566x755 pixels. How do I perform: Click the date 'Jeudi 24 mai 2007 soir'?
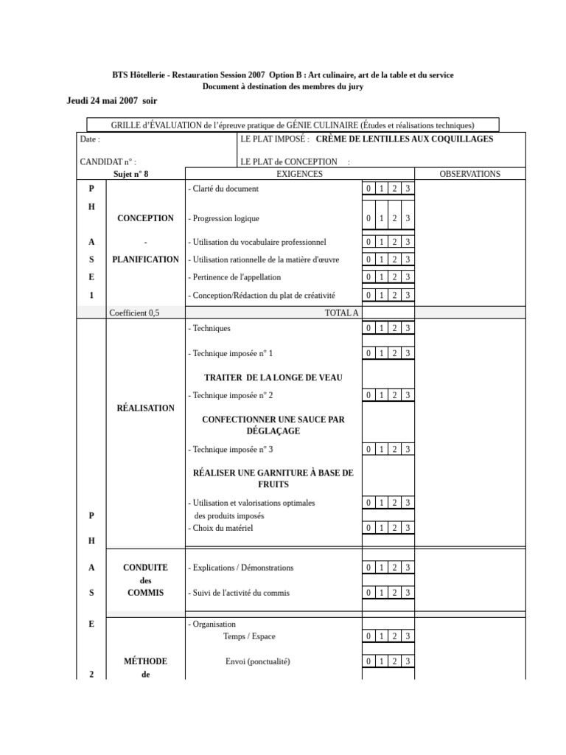coord(112,100)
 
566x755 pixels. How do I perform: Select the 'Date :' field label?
coord(89,139)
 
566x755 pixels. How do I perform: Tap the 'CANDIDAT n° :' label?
coord(108,161)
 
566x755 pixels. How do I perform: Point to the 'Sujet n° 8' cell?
coord(136,174)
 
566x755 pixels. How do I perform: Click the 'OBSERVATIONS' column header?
coord(469,174)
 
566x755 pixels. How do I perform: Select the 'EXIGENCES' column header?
coord(299,174)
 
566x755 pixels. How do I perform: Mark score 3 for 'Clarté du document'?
coord(408,189)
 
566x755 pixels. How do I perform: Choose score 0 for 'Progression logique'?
coord(368,218)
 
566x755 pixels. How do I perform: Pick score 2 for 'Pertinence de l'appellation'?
coord(394,277)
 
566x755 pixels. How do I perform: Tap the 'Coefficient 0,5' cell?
coord(134,313)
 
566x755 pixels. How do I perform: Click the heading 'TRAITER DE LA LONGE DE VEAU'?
coord(273,377)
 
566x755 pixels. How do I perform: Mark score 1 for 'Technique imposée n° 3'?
coord(381,449)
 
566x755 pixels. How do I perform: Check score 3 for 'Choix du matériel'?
coord(408,528)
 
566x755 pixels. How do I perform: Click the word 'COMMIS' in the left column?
coord(145,593)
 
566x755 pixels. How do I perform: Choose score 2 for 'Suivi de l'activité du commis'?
coord(394,593)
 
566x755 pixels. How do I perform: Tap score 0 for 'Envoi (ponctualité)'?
coord(368,662)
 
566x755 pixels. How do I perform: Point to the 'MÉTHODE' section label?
coord(145,661)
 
